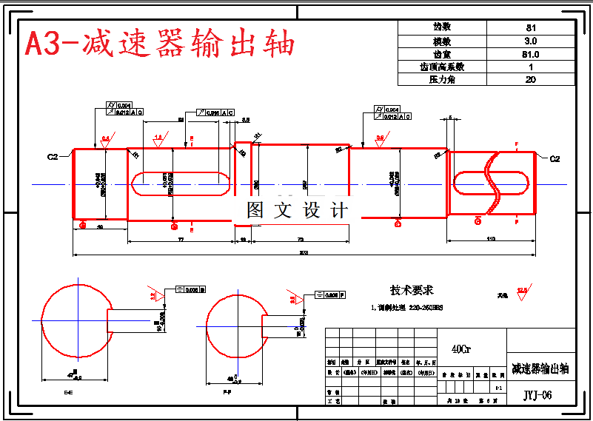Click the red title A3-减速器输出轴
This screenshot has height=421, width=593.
click(x=160, y=43)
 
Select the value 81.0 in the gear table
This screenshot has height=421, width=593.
click(x=530, y=54)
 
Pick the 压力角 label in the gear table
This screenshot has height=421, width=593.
click(x=442, y=79)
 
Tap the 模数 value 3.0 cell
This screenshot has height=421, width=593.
click(x=530, y=41)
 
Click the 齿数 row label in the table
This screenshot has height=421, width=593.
click(x=442, y=27)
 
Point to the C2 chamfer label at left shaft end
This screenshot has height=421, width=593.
click(x=53, y=157)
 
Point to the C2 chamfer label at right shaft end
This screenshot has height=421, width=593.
click(x=555, y=158)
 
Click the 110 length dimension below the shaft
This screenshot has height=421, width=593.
click(x=490, y=239)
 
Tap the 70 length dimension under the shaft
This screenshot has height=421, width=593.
click(x=300, y=239)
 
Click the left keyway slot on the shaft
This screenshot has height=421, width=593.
click(x=180, y=183)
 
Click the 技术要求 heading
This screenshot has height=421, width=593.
click(x=412, y=290)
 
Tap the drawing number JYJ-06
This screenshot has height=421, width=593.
click(x=537, y=395)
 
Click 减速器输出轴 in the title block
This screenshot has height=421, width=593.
click(x=540, y=368)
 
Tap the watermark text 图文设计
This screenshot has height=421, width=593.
click(x=297, y=210)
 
